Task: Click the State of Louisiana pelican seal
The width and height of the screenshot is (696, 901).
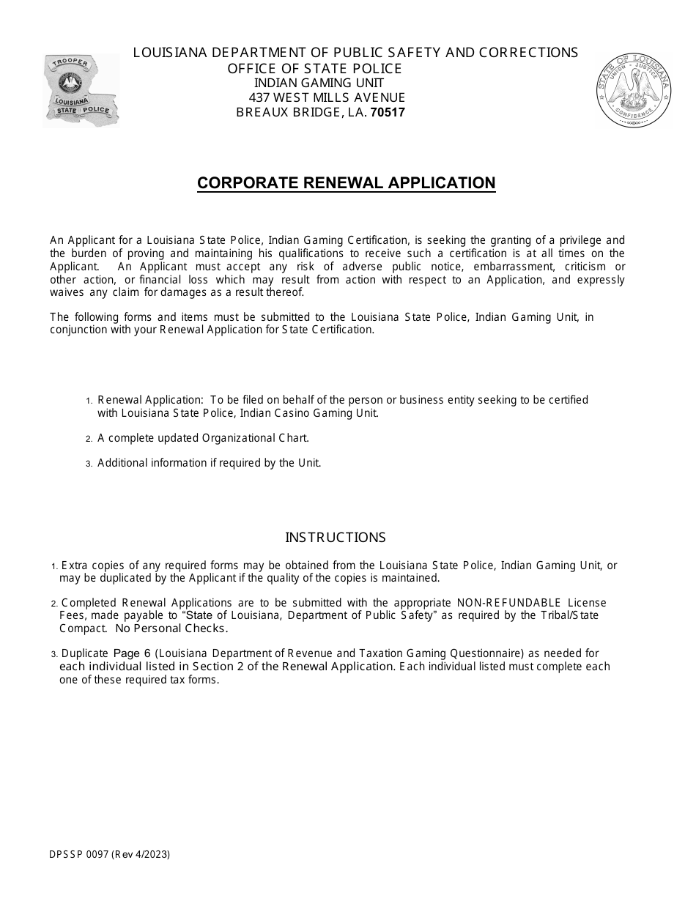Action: coord(634,89)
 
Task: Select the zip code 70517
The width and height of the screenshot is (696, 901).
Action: coord(388,113)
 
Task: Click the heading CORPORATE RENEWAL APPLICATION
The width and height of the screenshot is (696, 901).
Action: coord(346,183)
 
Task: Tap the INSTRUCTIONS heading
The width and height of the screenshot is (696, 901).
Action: coord(335,538)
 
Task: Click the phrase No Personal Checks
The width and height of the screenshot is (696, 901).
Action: coord(171,629)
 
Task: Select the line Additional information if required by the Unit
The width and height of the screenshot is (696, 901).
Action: coord(209,463)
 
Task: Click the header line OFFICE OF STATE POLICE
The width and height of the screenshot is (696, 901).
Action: coord(315,68)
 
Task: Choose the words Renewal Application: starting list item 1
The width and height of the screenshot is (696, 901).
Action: coord(150,400)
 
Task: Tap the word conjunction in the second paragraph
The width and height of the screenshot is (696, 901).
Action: coord(79,330)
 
